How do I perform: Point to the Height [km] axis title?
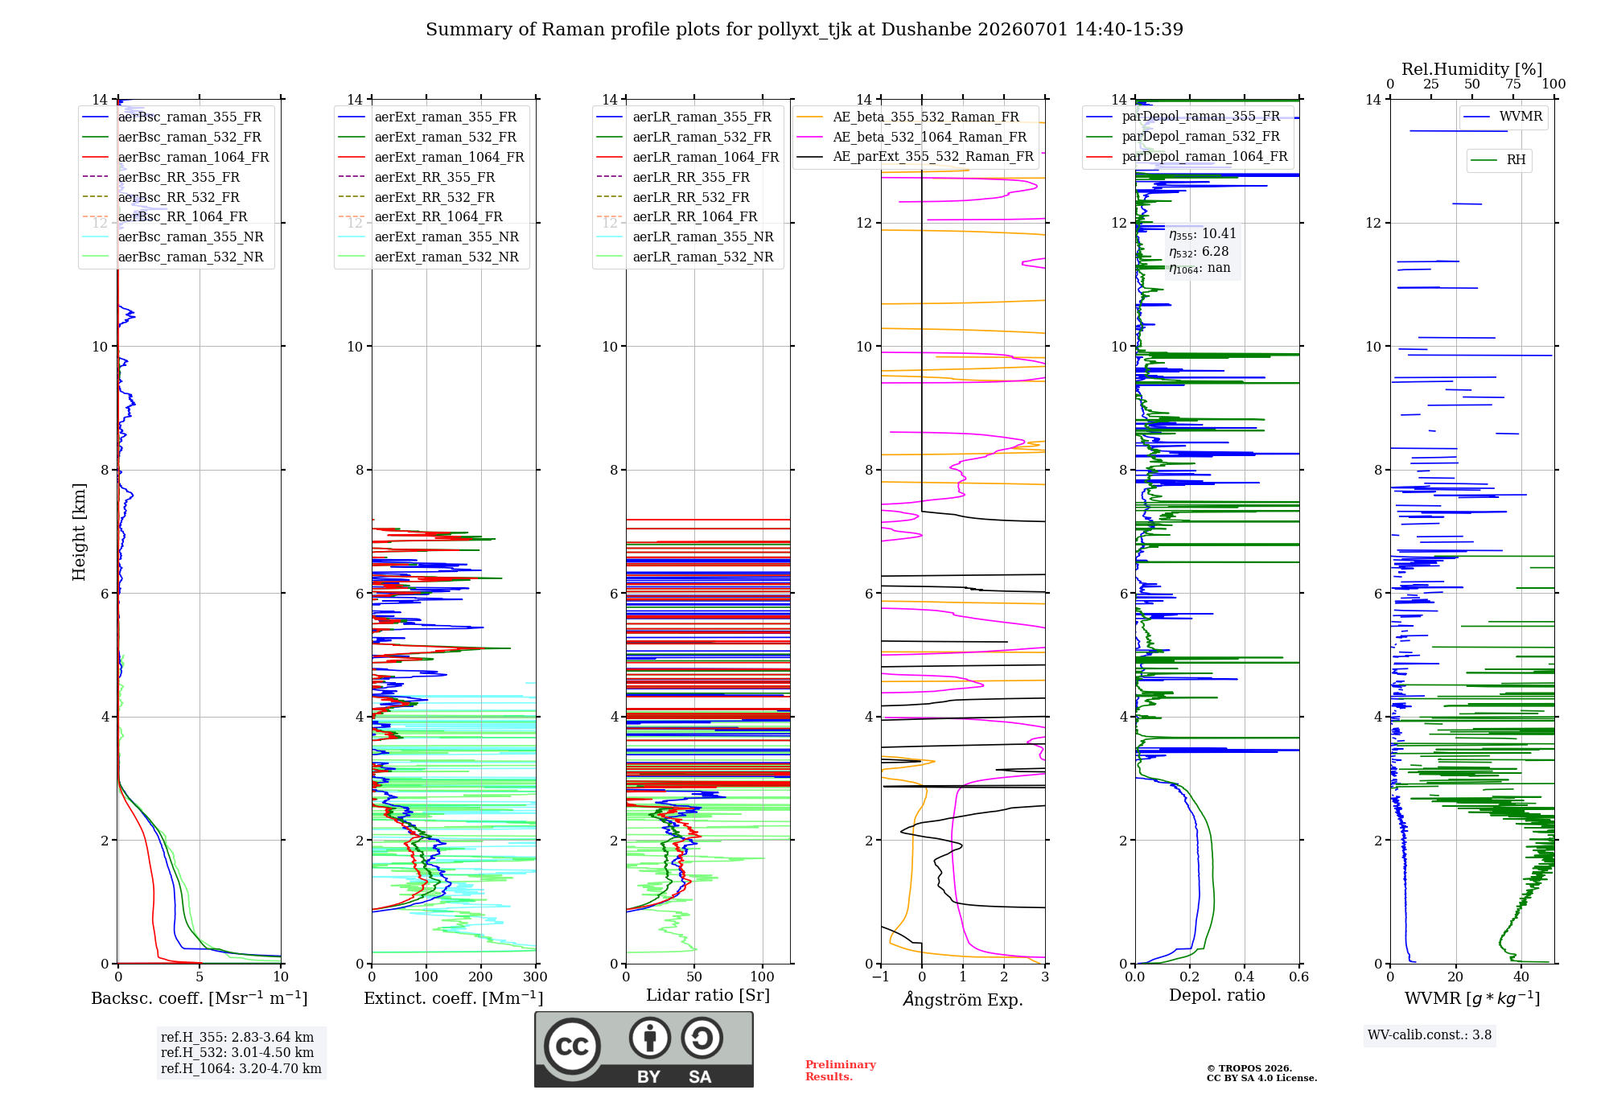pyautogui.click(x=79, y=532)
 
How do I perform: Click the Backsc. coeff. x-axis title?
pyautogui.click(x=200, y=998)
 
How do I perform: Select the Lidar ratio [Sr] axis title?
pyautogui.click(x=708, y=996)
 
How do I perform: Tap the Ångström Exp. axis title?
pyautogui.click(x=963, y=998)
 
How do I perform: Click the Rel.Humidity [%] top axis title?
pyautogui.click(x=1472, y=69)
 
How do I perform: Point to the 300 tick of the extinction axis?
pyautogui.click(x=535, y=977)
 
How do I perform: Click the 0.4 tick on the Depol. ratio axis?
pyautogui.click(x=1244, y=977)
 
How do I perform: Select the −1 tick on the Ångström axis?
pyautogui.click(x=881, y=977)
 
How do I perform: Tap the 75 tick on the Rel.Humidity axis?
pyautogui.click(x=1513, y=84)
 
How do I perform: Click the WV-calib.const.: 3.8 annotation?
pyautogui.click(x=1430, y=1035)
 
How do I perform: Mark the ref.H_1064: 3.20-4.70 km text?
pyautogui.click(x=241, y=1069)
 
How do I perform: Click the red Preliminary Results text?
pyautogui.click(x=841, y=1071)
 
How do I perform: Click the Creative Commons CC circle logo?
pyautogui.click(x=572, y=1046)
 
